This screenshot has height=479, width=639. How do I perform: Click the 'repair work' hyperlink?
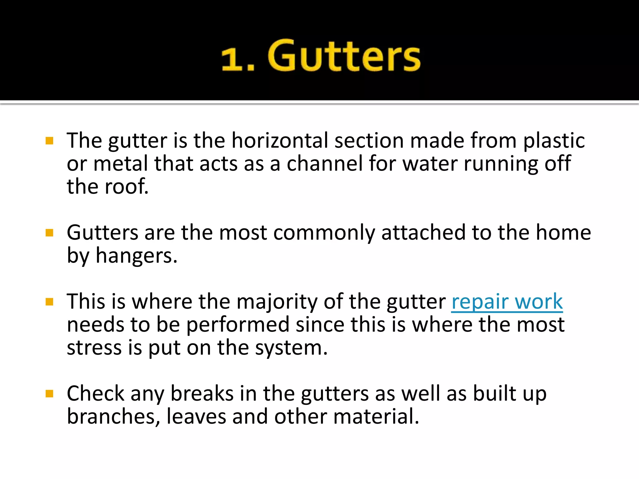[x=507, y=302]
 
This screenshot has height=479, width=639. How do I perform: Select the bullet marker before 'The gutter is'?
[x=49, y=141]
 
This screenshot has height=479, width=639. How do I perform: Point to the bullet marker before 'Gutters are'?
[x=49, y=233]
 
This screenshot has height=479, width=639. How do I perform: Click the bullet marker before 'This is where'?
[x=49, y=302]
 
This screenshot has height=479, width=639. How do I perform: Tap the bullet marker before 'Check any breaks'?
[x=49, y=394]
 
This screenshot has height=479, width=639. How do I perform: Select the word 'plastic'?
[x=554, y=141]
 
